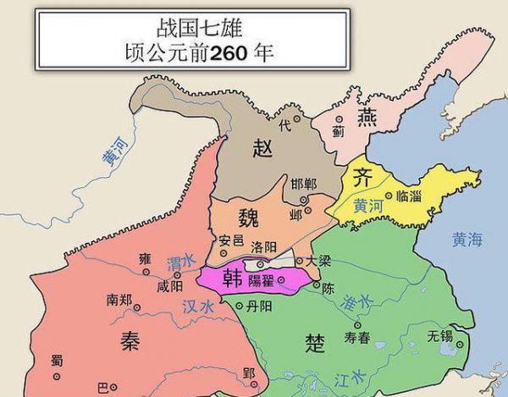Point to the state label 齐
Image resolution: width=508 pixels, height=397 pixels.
tap(361, 179)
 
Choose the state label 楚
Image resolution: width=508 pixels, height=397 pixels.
tap(314, 341)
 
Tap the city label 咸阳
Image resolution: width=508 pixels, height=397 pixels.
tap(169, 286)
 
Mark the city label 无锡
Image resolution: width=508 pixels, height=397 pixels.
tap(440, 334)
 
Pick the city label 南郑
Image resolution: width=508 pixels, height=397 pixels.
tap(119, 299)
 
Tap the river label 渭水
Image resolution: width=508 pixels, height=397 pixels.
tap(180, 263)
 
